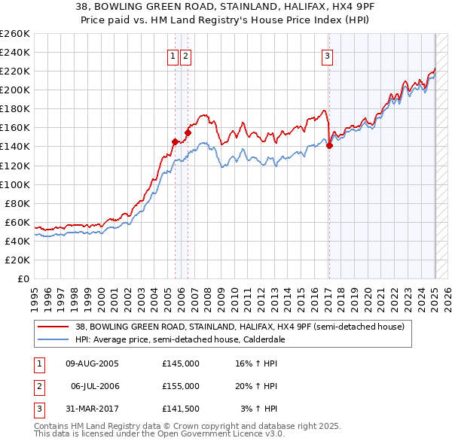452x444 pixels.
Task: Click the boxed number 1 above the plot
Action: coord(173,55)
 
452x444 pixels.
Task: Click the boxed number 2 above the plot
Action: coord(185,55)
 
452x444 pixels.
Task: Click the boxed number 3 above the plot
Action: coord(328,55)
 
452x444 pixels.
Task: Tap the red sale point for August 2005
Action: coord(175,141)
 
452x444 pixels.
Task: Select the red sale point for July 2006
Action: coord(188,132)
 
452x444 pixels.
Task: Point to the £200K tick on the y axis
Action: coord(15,90)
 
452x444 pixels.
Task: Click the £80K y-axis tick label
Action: coord(17,203)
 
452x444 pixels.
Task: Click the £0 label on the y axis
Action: coord(24,278)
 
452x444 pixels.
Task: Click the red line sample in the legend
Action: coord(52,327)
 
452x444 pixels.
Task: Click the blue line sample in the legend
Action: coord(52,339)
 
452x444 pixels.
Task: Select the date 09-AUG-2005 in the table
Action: coord(93,363)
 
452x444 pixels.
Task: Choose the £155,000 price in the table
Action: coord(181,386)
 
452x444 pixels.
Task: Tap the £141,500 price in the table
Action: coord(181,409)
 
